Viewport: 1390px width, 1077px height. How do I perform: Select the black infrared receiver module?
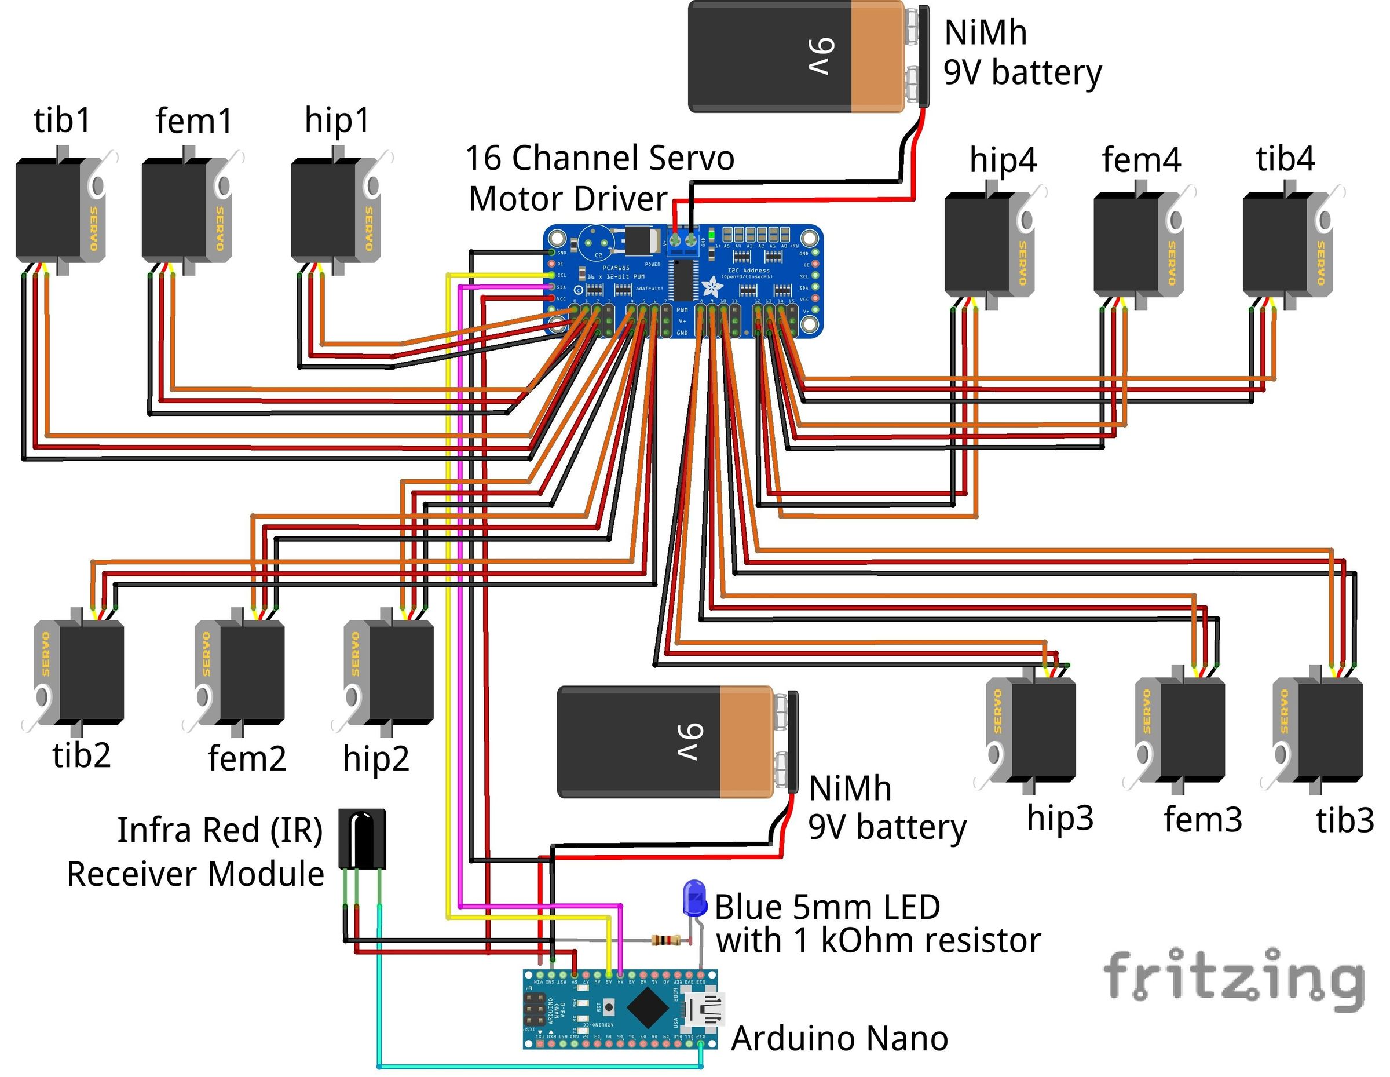point(361,838)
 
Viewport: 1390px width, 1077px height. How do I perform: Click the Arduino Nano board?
point(620,1009)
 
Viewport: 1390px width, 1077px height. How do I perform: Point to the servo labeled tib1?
point(60,210)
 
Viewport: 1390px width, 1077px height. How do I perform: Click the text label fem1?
point(194,121)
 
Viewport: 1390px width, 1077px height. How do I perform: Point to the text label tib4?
point(1285,159)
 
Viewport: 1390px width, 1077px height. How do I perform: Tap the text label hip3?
point(1060,818)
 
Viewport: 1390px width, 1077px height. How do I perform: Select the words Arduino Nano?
point(839,1039)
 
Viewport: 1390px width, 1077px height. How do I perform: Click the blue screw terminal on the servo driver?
point(683,240)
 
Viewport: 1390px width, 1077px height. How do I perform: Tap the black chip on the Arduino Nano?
point(648,1008)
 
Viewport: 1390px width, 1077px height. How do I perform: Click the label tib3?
point(1345,820)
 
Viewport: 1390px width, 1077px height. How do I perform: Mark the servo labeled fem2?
point(240,671)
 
